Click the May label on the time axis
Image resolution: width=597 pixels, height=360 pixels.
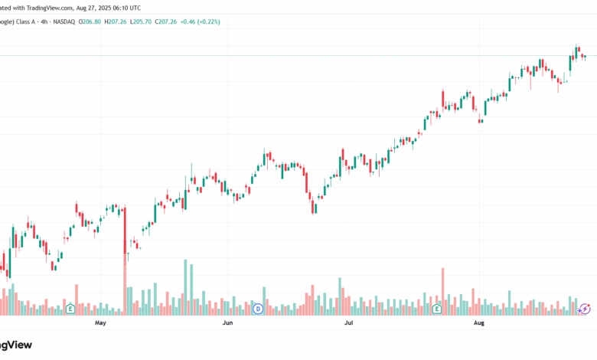pos(99,324)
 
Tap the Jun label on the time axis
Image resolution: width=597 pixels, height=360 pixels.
pos(227,324)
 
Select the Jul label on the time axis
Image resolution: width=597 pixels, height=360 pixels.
pos(349,324)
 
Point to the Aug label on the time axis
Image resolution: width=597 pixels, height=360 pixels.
pos(478,324)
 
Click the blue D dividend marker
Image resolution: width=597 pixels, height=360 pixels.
pos(258,309)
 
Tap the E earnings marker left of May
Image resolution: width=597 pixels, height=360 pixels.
pos(70,309)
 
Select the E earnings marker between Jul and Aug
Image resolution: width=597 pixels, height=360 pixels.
pos(437,309)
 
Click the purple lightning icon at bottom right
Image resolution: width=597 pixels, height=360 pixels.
pos(584,308)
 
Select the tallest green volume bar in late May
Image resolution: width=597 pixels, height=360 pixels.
pos(185,287)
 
